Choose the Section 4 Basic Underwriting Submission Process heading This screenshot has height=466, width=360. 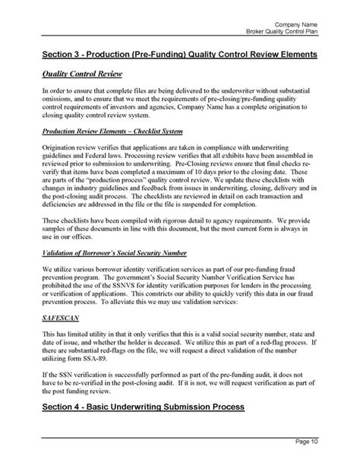143,407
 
